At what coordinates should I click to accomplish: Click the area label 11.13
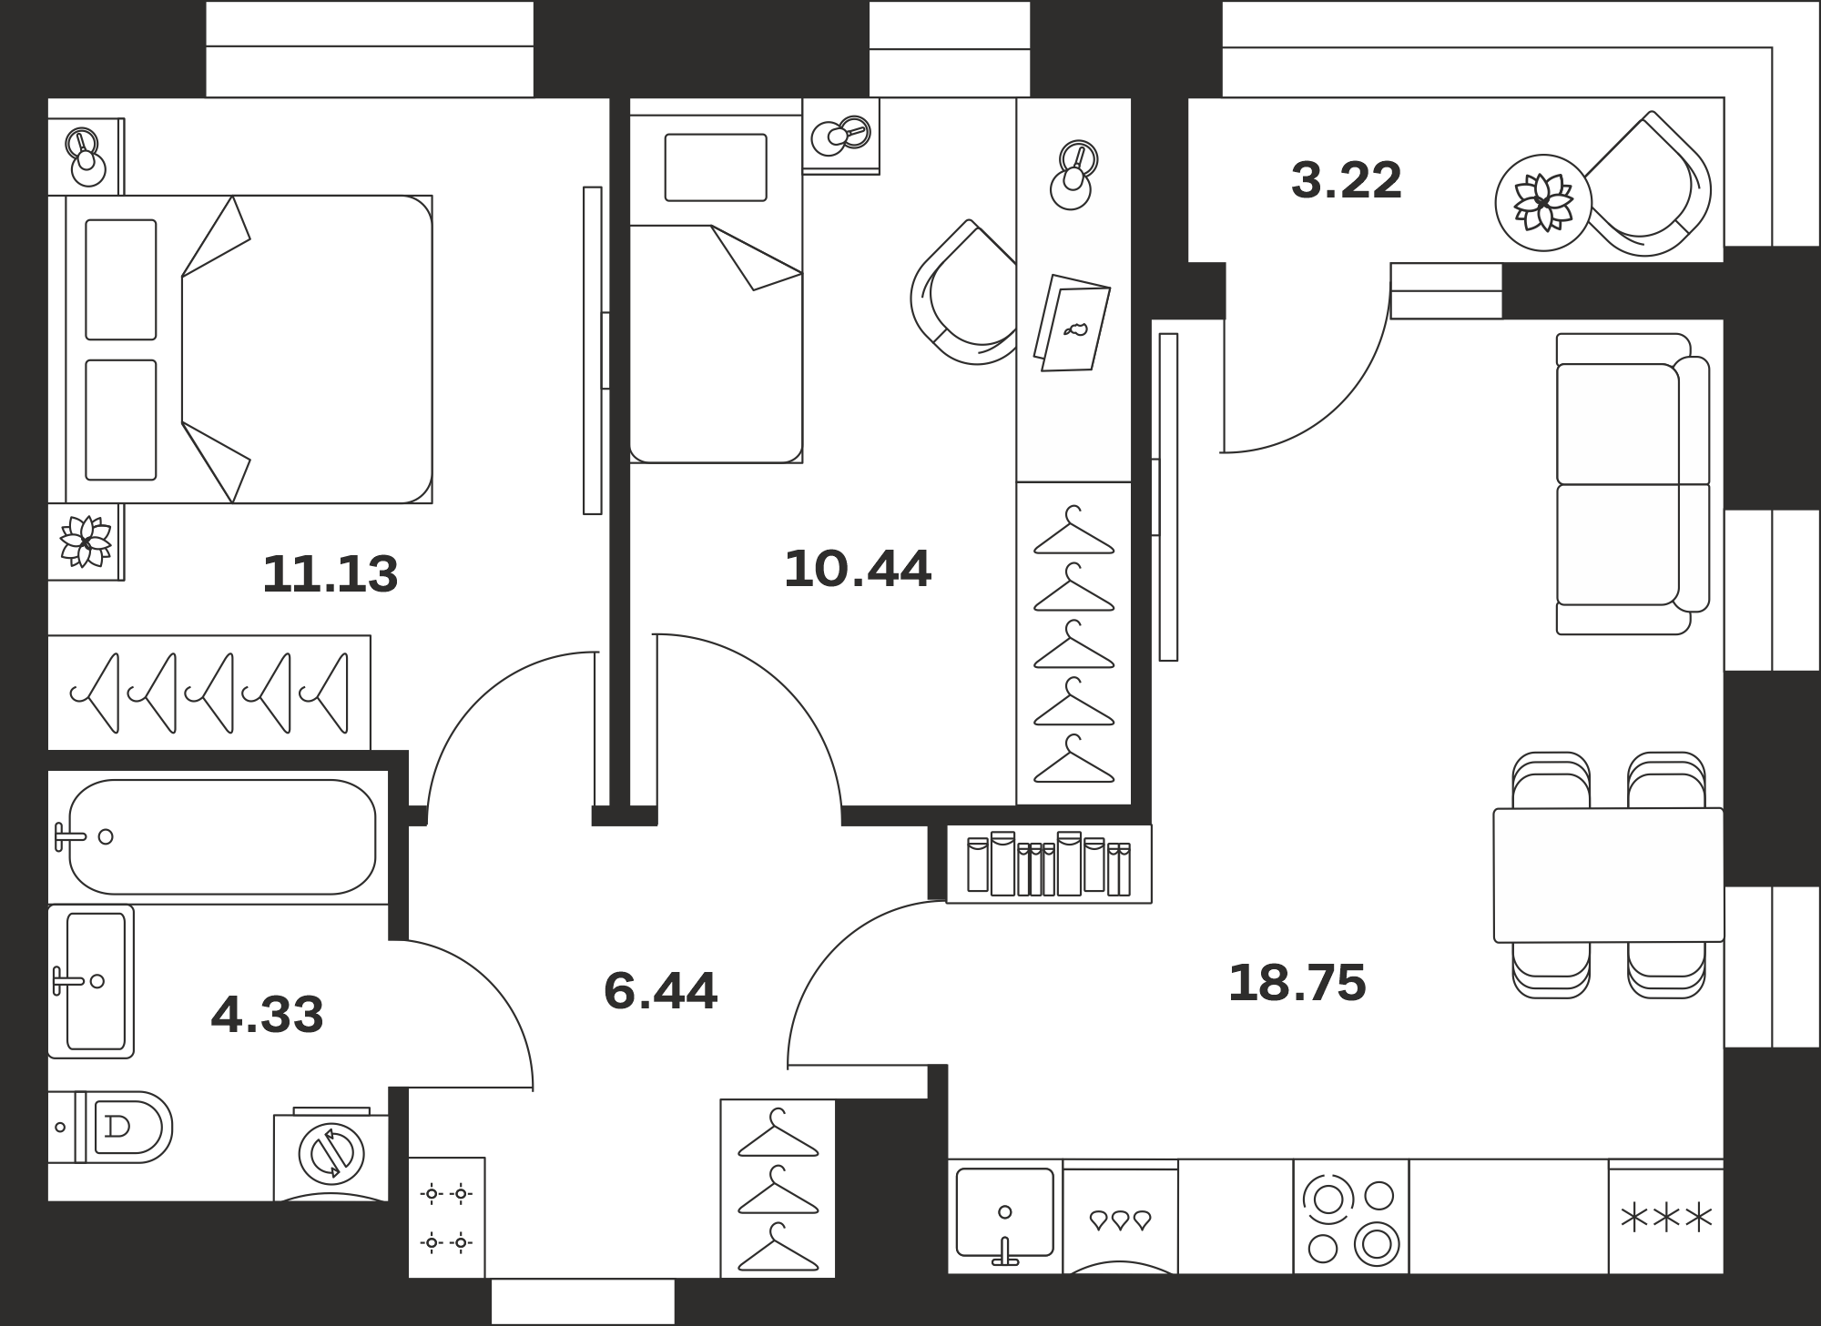[330, 574]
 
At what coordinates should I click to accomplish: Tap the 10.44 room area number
[858, 569]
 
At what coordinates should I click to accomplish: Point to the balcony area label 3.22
[1346, 180]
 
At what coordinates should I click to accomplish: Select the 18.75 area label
[1297, 983]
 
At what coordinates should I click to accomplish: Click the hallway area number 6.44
[660, 990]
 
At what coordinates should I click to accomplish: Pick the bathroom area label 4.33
[267, 1015]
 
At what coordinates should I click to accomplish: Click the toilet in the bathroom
[110, 1127]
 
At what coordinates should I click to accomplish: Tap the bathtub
[222, 836]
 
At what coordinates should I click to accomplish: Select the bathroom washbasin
[91, 981]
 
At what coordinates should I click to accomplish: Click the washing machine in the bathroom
[331, 1154]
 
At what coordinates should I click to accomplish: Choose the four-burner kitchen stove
[1351, 1216]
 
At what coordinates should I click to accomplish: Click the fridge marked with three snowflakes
[1666, 1216]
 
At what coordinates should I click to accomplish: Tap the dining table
[1609, 876]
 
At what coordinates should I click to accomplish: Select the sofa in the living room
[1633, 484]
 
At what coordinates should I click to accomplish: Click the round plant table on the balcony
[1543, 202]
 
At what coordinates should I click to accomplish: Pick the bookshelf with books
[1049, 864]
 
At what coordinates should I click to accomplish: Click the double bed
[240, 349]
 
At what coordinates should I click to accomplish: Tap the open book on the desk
[1073, 323]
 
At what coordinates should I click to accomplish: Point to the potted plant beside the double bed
[86, 542]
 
